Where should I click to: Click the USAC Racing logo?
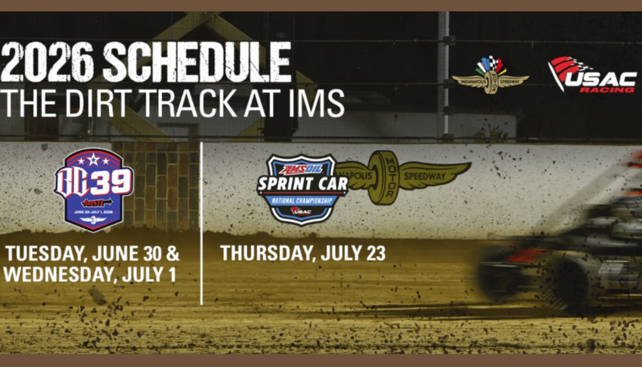(x=591, y=75)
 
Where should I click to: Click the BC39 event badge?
(x=94, y=189)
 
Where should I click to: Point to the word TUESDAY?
(x=43, y=255)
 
